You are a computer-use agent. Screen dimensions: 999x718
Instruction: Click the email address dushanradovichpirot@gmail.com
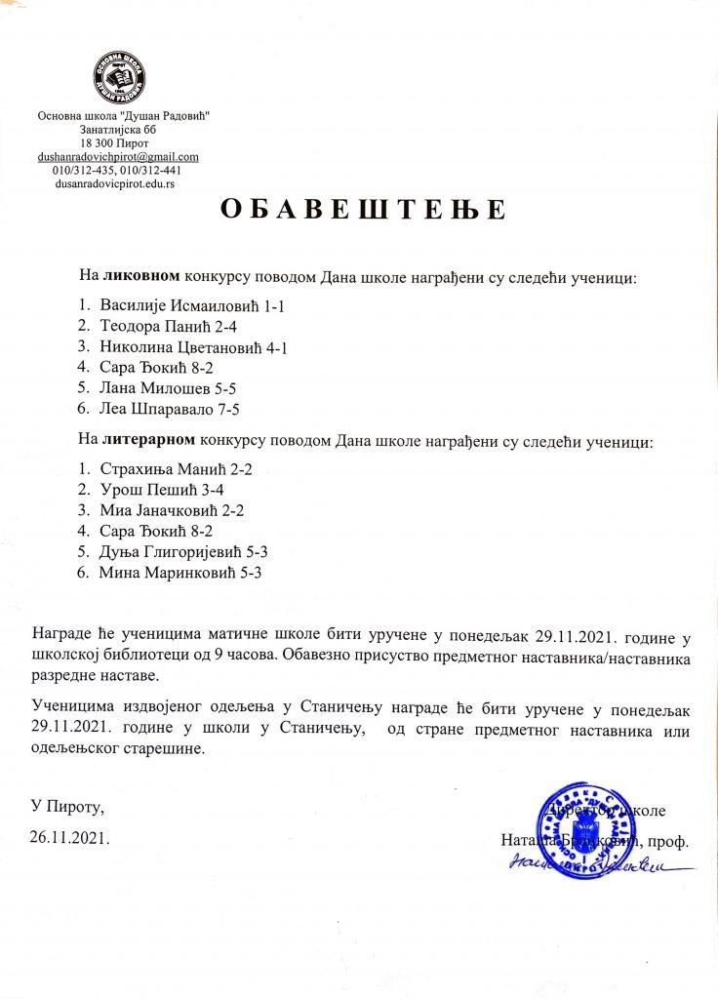click(x=118, y=156)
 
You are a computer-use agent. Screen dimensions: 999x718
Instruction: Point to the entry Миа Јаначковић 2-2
click(x=172, y=510)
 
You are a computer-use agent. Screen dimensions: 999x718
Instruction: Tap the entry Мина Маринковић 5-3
click(x=180, y=573)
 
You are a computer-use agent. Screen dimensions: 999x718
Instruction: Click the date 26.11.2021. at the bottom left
click(x=67, y=836)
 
